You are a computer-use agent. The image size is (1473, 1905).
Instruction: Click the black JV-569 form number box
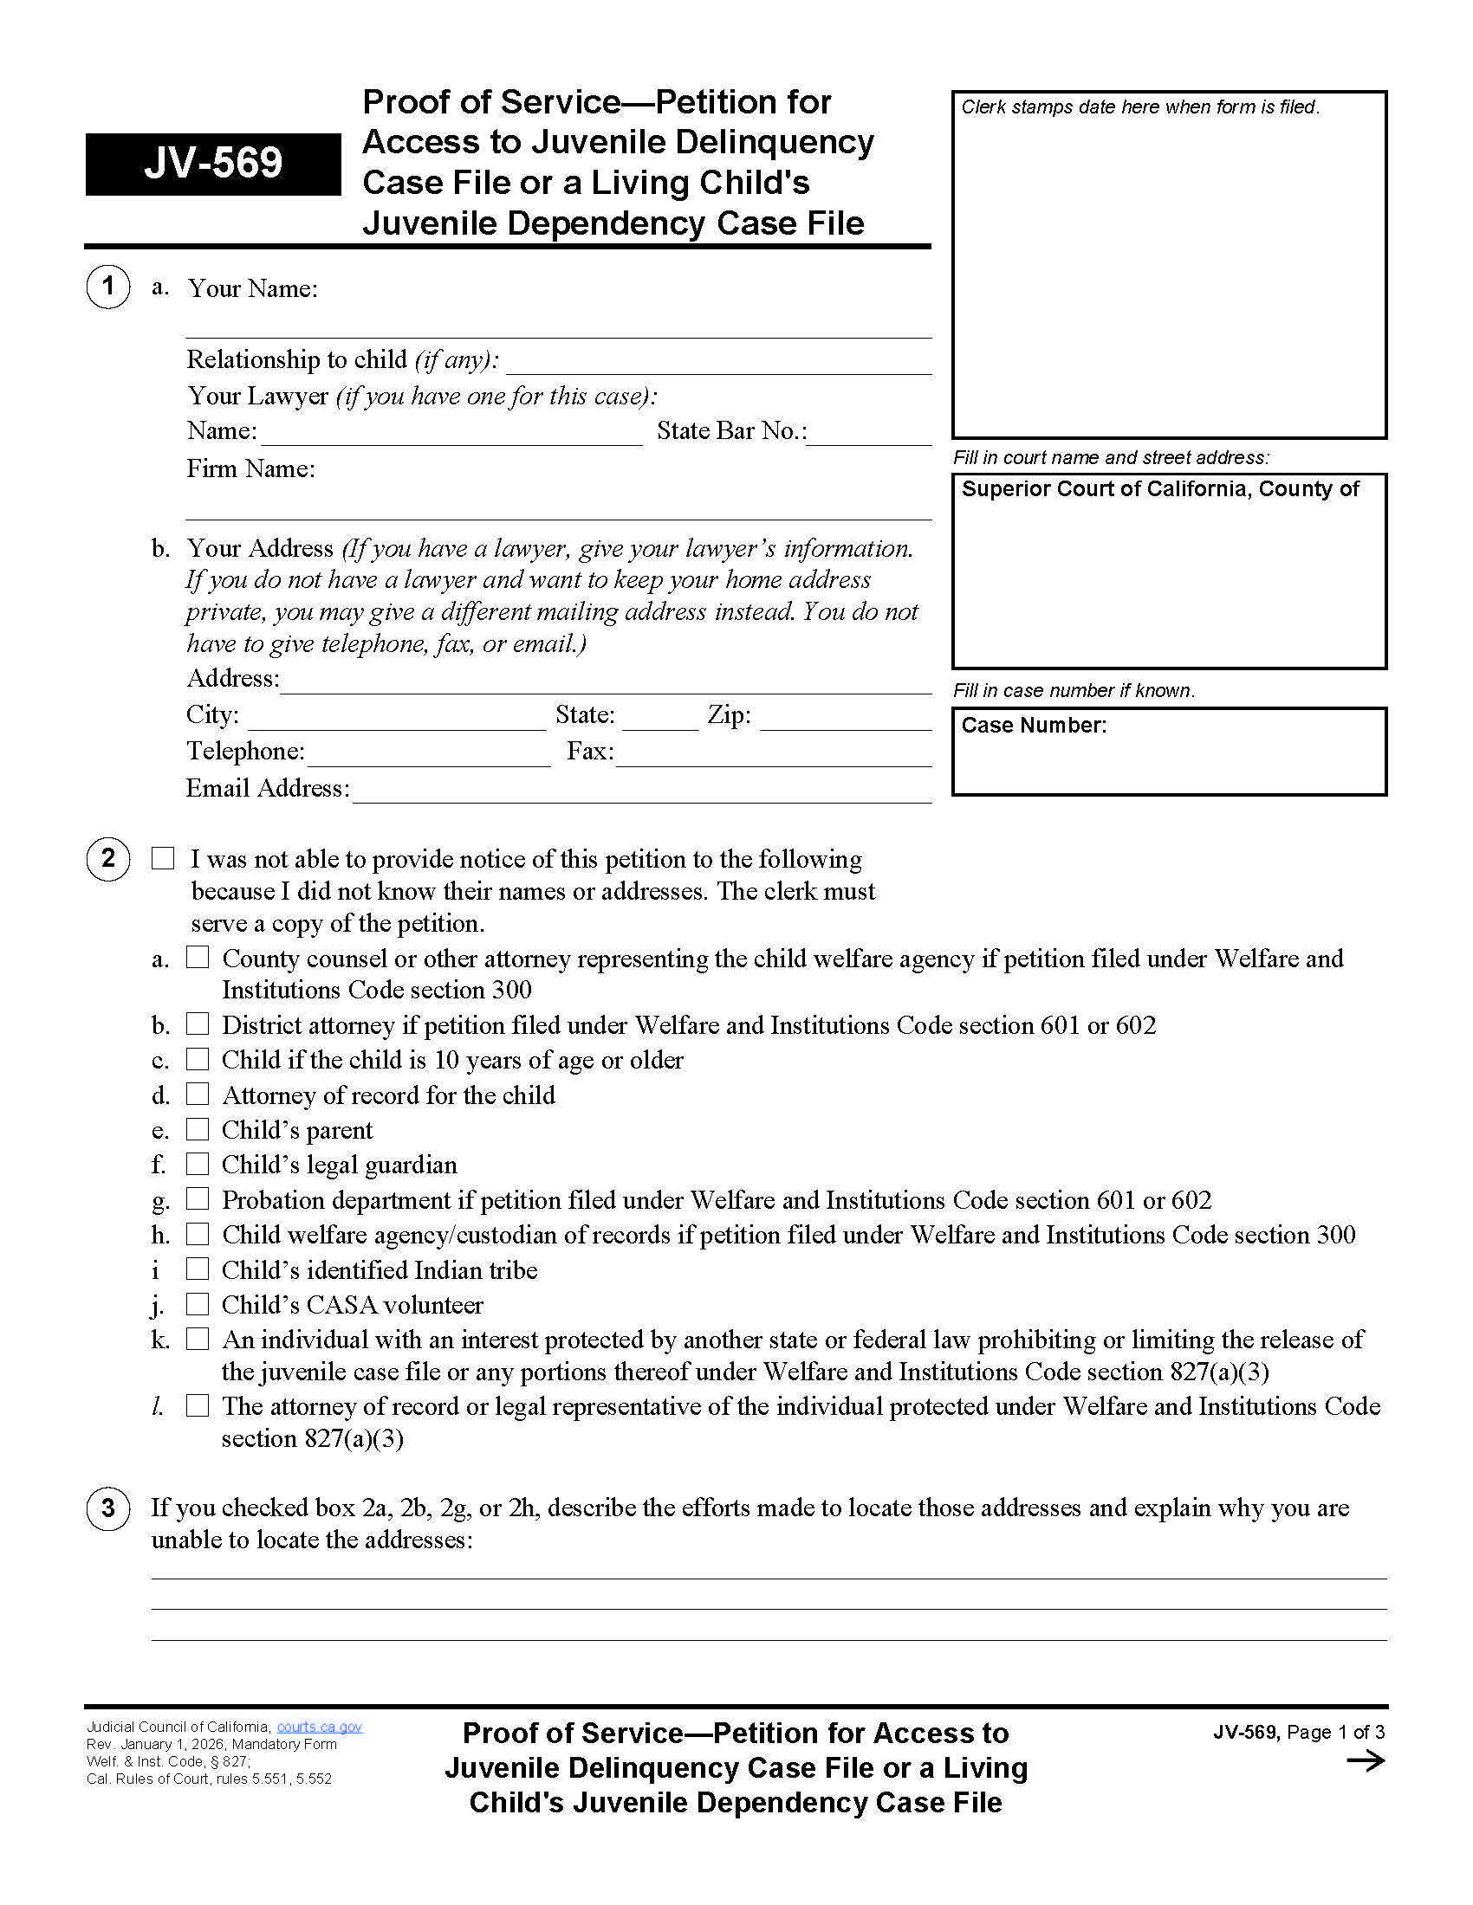tap(213, 164)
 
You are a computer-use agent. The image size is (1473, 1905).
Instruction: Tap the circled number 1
tap(108, 286)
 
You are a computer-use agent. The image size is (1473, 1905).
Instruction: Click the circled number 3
tap(108, 1508)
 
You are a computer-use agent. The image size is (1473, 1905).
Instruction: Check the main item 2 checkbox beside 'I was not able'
tap(163, 858)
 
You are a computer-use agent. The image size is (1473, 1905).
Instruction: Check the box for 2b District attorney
tap(198, 1024)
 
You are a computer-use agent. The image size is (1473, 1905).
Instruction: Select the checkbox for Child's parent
tap(198, 1128)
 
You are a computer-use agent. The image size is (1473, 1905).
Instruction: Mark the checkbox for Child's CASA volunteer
tap(198, 1304)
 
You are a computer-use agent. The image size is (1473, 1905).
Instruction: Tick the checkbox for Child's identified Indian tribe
tap(198, 1269)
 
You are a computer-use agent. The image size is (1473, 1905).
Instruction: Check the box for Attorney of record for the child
tap(198, 1093)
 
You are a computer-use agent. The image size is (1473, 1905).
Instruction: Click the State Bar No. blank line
tap(869, 436)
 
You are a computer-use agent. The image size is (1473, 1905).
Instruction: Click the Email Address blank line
tap(641, 793)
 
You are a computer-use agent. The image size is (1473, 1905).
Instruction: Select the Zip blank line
tap(845, 720)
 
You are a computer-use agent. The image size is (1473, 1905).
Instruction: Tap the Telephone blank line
tap(428, 757)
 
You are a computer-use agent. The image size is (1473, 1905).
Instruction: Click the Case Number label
tap(1033, 726)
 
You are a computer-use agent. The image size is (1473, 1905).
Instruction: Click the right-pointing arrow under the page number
tap(1366, 1761)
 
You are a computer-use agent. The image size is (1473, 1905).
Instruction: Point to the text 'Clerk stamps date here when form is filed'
tap(1139, 107)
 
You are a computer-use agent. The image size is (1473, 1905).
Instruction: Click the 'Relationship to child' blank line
tap(718, 365)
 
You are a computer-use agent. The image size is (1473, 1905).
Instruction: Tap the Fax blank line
tap(773, 757)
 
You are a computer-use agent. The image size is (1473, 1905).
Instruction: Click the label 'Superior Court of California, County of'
tap(1159, 489)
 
